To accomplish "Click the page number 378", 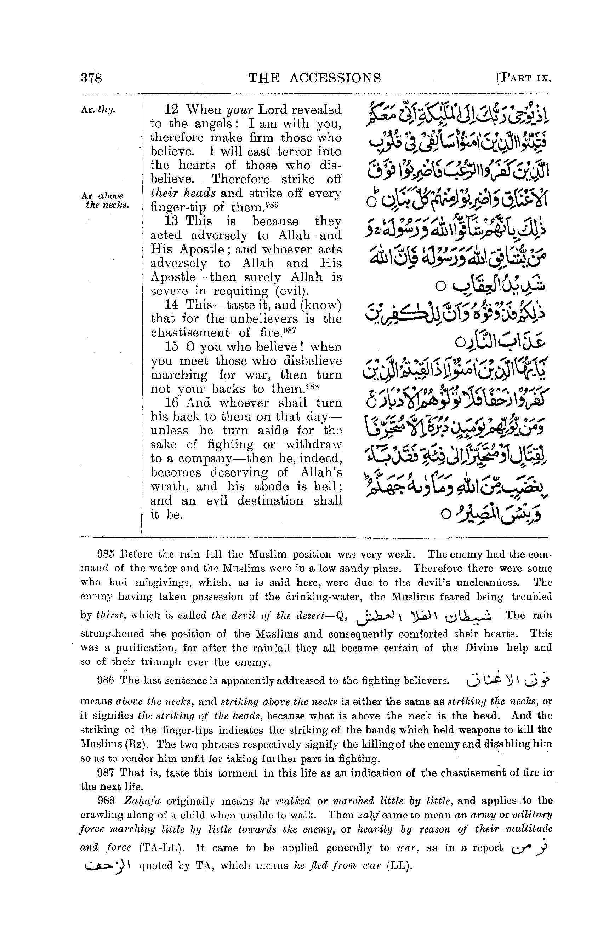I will pos(91,77).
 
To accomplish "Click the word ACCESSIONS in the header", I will pos(335,77).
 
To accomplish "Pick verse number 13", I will pos(171,221).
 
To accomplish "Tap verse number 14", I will pos(172,305).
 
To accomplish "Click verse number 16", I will pos(172,403).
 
